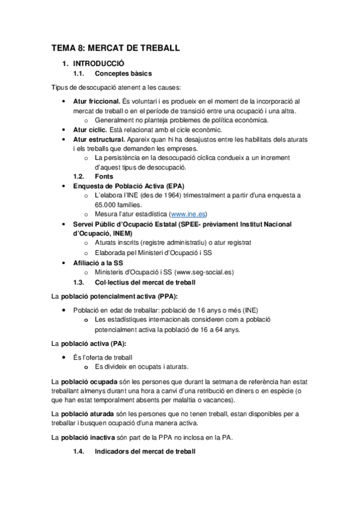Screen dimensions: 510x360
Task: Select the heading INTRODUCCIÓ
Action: point(99,63)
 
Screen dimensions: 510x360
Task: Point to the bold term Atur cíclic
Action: point(91,129)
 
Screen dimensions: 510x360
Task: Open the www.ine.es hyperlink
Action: point(189,214)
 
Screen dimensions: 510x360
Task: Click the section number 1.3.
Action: point(78,281)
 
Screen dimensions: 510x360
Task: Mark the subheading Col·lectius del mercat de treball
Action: point(153,281)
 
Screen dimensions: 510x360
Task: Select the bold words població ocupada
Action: point(88,382)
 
